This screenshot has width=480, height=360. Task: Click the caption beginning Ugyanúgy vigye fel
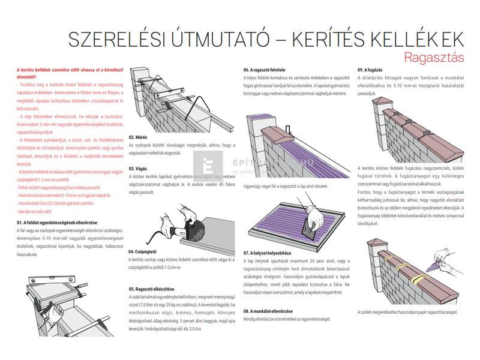tap(285, 187)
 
